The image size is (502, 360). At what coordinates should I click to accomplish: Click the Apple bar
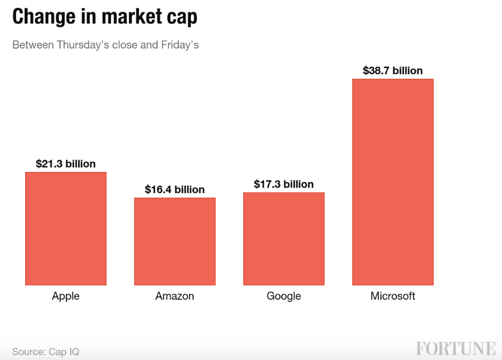(66, 229)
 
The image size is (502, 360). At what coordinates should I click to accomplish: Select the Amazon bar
(175, 241)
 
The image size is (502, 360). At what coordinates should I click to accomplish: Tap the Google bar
(283, 239)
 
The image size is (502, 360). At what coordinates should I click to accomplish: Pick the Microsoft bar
(393, 182)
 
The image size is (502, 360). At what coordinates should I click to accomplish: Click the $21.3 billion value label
(66, 164)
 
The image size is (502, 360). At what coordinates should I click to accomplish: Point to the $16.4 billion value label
(175, 190)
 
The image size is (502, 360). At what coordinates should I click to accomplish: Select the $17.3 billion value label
(283, 184)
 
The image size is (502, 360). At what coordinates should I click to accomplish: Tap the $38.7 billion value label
(393, 71)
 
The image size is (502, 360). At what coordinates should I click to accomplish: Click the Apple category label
(66, 296)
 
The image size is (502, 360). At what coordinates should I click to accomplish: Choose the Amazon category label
(175, 296)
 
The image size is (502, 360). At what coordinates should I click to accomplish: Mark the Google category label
(283, 296)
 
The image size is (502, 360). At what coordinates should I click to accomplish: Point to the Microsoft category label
(393, 296)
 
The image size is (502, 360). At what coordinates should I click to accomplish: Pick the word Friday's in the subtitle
(180, 45)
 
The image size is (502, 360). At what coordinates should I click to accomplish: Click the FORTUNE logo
(455, 349)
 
